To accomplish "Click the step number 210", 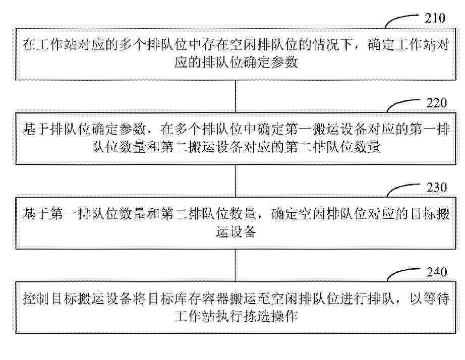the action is tap(435, 18).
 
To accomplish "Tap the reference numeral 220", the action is tap(437, 103).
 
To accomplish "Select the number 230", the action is tap(437, 188).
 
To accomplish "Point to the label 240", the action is tap(437, 272).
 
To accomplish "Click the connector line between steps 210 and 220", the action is tap(236, 96).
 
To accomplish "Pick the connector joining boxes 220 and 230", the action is tap(236, 181).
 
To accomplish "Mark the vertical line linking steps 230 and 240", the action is tap(236, 265).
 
